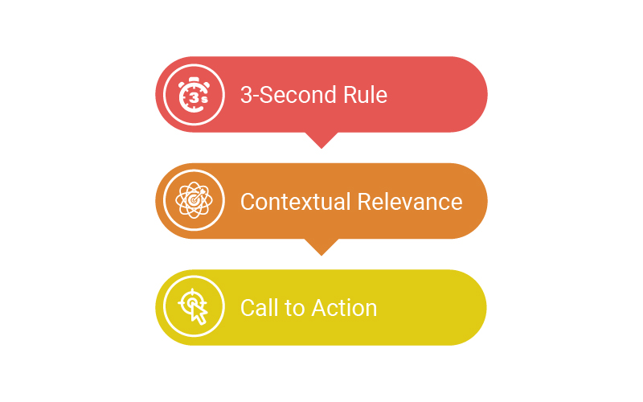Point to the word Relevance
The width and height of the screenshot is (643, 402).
tap(410, 201)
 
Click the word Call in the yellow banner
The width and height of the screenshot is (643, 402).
tap(260, 307)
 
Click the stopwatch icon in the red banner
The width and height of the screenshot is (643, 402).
tap(194, 95)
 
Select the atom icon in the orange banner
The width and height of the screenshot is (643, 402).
tap(194, 201)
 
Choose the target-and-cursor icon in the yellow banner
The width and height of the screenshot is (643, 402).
tap(194, 307)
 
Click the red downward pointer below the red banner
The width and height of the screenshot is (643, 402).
tap(321, 140)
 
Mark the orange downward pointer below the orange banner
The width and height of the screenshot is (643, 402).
tap(321, 247)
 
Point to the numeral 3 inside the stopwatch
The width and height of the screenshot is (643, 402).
tap(190, 98)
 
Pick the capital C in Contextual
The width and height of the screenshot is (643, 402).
tap(248, 201)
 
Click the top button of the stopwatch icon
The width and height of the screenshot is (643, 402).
tap(194, 79)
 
